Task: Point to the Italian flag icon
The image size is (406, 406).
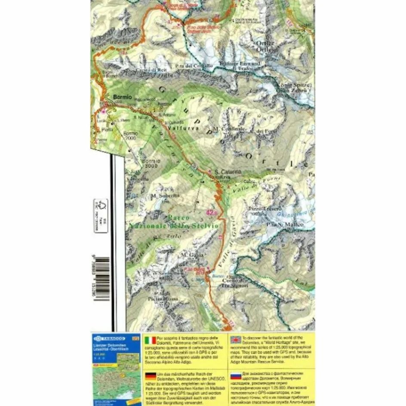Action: (151, 340)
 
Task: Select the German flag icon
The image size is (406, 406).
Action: (151, 375)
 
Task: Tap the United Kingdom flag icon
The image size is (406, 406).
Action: (236, 340)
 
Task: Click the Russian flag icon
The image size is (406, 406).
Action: (236, 375)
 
